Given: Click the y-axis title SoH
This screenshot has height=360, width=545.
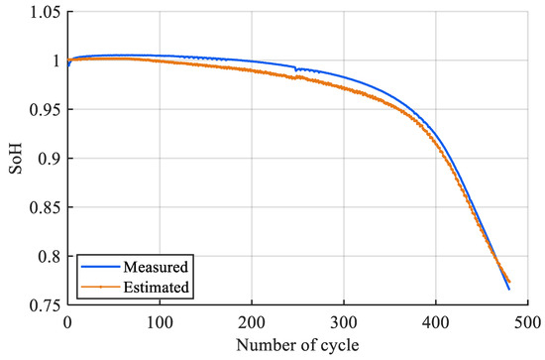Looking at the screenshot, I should coord(13,159).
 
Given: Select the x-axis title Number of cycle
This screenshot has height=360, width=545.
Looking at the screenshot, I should coord(296,345).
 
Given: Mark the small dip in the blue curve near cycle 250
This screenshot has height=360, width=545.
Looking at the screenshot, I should coord(296,68).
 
